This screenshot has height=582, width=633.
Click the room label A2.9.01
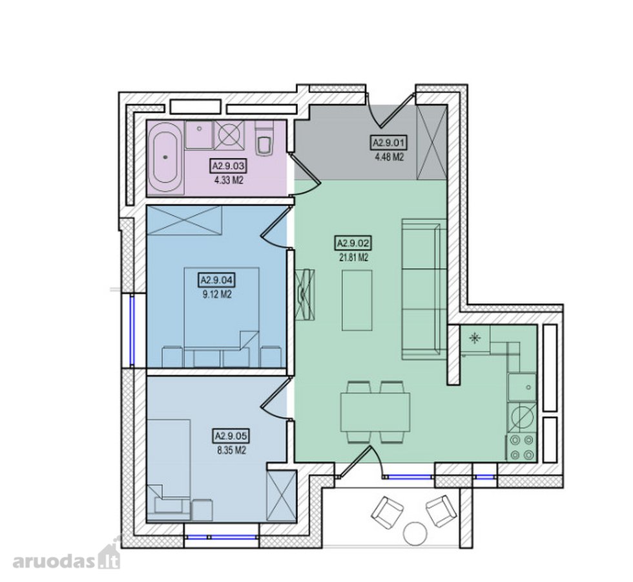(x=389, y=143)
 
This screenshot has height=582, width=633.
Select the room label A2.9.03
(x=229, y=166)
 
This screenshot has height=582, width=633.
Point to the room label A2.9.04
(x=217, y=279)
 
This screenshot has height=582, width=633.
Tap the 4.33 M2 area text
(x=229, y=180)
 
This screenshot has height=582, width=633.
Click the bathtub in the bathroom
(x=165, y=157)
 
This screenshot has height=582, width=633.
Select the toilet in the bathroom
(x=264, y=138)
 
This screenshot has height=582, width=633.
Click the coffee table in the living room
(x=357, y=300)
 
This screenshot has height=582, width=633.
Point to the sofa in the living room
(x=424, y=288)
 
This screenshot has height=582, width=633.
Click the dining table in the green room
(x=375, y=413)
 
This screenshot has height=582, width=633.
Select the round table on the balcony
(x=415, y=534)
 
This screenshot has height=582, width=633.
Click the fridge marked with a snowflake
(x=475, y=339)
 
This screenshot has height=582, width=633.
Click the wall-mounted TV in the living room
(x=305, y=295)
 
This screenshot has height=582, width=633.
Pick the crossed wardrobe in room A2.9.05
(x=282, y=496)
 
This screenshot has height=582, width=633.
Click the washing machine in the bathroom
(x=229, y=135)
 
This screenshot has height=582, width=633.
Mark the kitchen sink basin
(x=523, y=387)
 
